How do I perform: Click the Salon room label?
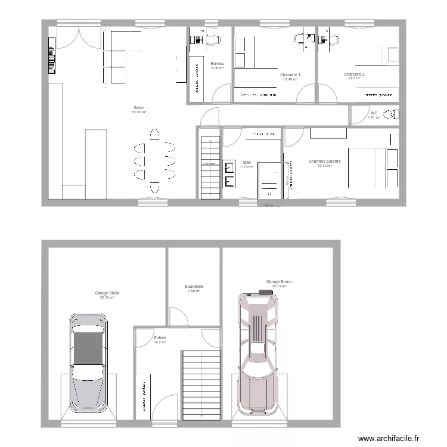click(x=139, y=108)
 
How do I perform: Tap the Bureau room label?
click(x=217, y=64)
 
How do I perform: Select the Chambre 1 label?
click(x=290, y=75)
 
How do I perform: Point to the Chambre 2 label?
click(x=354, y=74)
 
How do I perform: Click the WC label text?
click(x=374, y=113)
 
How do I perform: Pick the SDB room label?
click(x=247, y=162)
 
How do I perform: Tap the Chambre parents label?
click(x=324, y=161)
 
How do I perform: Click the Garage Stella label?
click(x=107, y=293)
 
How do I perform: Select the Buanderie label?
click(x=194, y=287)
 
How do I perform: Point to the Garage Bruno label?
click(x=279, y=282)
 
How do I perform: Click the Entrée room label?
click(x=160, y=338)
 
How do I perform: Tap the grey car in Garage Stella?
click(x=88, y=364)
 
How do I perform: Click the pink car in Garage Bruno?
click(x=258, y=352)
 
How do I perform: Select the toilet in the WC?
click(x=390, y=114)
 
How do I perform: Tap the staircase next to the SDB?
click(x=210, y=167)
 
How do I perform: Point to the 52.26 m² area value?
click(x=139, y=112)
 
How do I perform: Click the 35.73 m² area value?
click(x=279, y=287)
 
